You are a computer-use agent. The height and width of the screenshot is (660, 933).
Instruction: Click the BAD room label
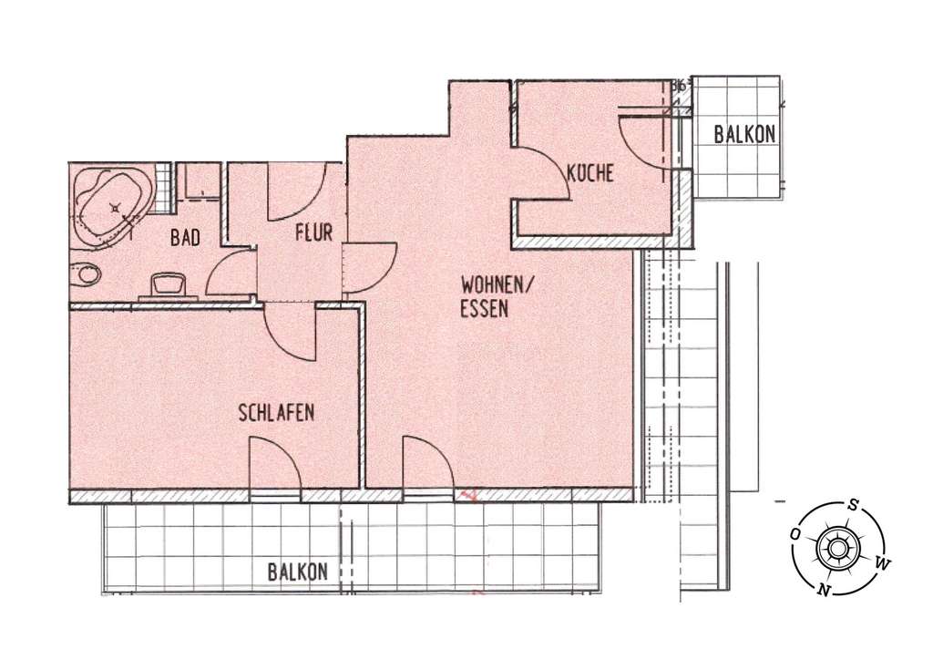coord(185,238)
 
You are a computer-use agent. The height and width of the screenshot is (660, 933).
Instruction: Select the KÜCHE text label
coord(590,171)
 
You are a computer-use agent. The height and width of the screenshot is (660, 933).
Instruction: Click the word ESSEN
coord(483,309)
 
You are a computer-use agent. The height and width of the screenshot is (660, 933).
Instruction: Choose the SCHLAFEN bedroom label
coord(276,412)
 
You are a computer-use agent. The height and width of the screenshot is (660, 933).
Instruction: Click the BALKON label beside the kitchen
coord(744,134)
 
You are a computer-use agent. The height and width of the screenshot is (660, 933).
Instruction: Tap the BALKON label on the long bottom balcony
coord(297,572)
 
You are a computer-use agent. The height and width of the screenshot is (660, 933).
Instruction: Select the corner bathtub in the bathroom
coord(111,208)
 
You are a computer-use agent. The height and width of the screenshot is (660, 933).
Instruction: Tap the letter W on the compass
coord(880,564)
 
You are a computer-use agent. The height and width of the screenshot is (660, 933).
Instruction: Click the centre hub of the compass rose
coord(838,548)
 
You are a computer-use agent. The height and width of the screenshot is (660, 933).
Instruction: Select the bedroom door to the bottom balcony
coord(273,466)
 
